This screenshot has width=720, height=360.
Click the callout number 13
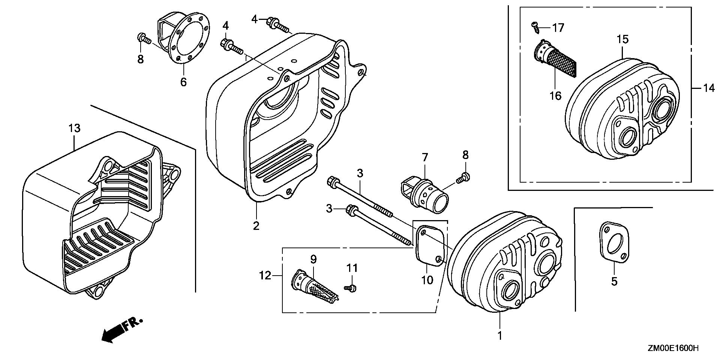tap(74, 128)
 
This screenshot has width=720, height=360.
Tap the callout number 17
tap(558, 28)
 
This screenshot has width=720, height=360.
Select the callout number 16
tap(555, 96)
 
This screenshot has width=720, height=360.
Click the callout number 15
tap(622, 39)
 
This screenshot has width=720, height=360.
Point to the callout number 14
tap(709, 88)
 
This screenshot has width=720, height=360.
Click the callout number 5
tap(614, 281)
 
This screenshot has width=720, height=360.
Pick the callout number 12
tap(265, 276)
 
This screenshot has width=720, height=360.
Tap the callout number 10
tap(427, 280)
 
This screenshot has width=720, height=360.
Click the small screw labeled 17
tap(534, 26)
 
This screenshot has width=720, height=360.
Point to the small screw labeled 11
tap(351, 288)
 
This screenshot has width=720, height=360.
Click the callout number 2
tap(256, 226)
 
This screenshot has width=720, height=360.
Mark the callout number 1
tap(499, 335)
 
